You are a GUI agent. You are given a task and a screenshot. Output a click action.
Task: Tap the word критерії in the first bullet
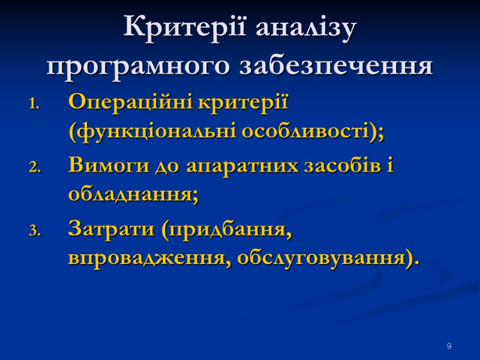243,102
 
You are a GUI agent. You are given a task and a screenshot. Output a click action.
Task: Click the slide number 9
449,347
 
